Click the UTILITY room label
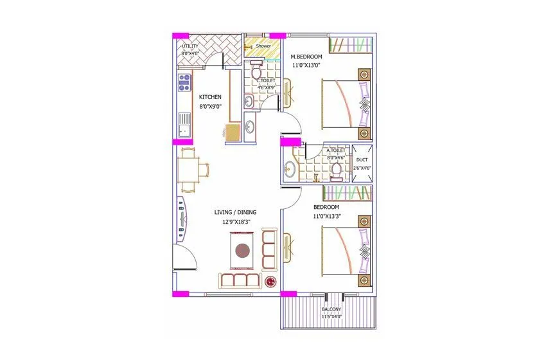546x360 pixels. (x=189, y=46)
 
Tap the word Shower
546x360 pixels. (x=263, y=46)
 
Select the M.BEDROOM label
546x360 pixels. (x=306, y=57)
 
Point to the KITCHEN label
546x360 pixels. (x=210, y=97)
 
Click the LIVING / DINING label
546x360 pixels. (x=234, y=212)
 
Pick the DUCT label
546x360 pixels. (x=362, y=159)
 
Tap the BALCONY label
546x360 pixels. (x=332, y=309)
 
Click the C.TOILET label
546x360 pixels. (x=266, y=80)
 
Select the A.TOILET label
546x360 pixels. (x=335, y=150)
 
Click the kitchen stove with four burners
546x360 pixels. (x=184, y=82)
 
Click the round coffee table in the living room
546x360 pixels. (x=243, y=250)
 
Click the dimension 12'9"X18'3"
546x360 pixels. (x=234, y=222)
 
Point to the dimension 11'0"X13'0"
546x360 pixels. (x=306, y=65)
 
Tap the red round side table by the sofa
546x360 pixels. (x=270, y=281)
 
